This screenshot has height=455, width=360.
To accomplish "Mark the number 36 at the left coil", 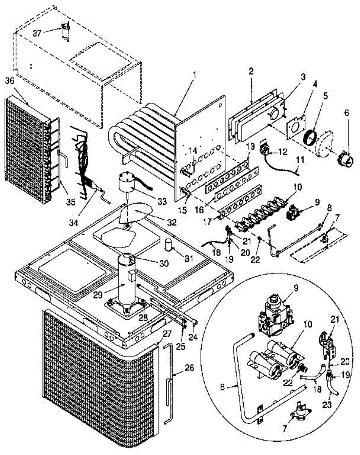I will point(10,81).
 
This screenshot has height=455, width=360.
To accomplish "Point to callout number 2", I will point(251,71).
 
